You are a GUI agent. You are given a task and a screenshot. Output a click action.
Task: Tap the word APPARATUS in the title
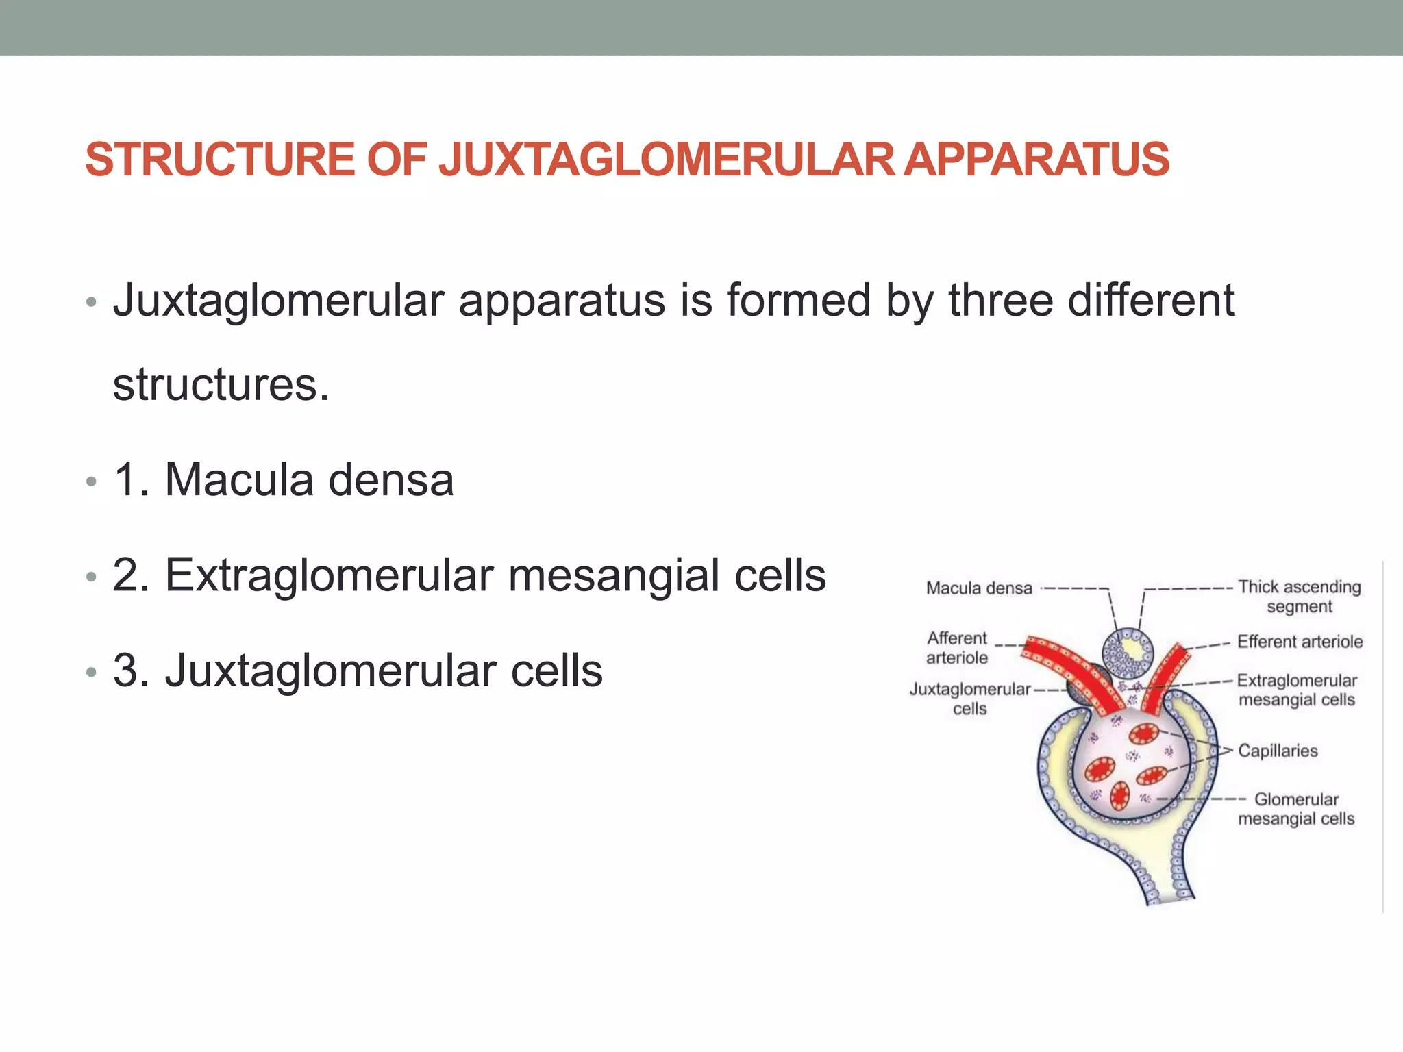(1036, 159)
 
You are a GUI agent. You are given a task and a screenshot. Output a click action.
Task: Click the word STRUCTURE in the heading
(220, 159)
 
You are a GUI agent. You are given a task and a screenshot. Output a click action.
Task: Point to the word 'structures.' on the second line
(221, 385)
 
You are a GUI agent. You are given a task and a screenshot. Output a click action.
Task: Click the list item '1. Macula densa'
(284, 479)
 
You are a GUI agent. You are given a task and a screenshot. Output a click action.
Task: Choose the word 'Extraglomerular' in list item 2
(330, 575)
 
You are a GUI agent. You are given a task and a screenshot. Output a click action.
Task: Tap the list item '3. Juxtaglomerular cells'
(358, 671)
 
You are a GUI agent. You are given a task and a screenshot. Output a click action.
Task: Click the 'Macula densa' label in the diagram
(978, 588)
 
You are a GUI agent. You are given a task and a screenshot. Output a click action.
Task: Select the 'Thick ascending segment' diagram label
(1299, 597)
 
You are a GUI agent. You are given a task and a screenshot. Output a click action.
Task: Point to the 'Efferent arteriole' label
(1300, 642)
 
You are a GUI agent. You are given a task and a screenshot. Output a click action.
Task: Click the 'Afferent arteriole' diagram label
(957, 648)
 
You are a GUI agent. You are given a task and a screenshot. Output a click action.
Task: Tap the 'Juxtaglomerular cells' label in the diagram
(969, 699)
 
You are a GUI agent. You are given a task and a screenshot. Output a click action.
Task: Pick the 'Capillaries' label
(1278, 751)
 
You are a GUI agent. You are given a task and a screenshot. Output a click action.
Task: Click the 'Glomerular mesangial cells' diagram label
(1296, 809)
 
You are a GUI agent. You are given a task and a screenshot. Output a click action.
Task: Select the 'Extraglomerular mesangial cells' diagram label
(1297, 690)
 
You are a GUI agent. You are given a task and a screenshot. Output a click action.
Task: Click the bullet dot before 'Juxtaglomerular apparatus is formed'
(92, 302)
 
